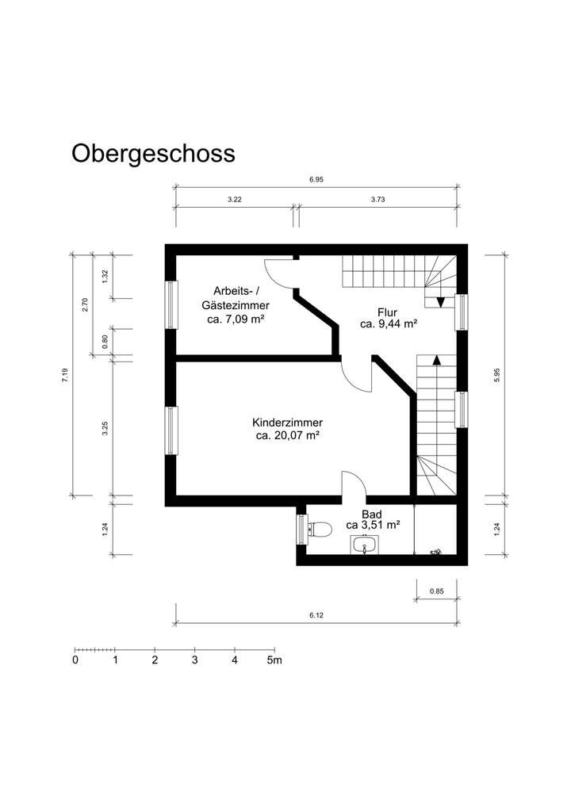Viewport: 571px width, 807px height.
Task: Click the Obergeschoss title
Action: (153, 153)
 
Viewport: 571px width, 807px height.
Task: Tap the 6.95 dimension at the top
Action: (316, 180)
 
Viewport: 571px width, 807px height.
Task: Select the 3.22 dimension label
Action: (234, 200)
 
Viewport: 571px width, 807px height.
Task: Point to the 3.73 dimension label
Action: (377, 200)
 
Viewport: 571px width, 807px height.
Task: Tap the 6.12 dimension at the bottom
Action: (316, 615)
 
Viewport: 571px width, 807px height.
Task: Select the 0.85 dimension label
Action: (436, 591)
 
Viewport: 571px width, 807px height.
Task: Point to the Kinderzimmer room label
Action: (287, 423)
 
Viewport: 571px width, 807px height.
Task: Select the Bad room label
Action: (371, 514)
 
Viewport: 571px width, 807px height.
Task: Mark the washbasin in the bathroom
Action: (364, 545)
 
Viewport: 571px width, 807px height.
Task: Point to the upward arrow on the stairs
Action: (435, 361)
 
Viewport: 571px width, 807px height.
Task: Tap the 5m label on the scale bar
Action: (274, 660)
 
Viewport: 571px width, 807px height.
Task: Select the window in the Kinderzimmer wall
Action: (171, 430)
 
